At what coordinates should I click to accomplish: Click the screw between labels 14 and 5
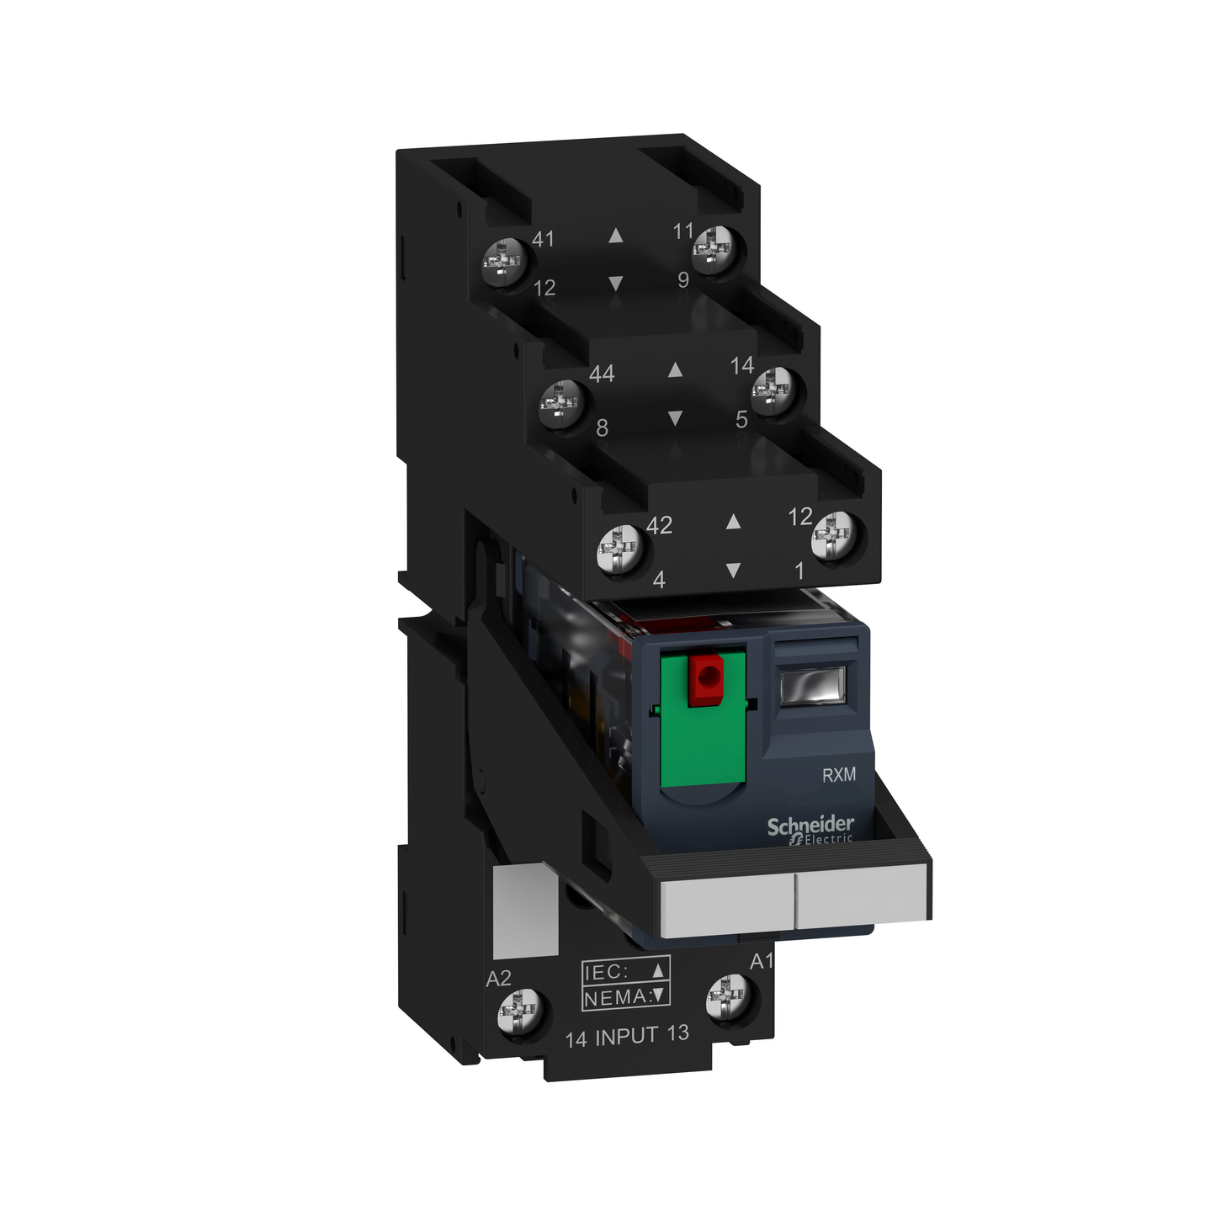point(773,390)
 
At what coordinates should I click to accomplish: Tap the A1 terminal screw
point(728,998)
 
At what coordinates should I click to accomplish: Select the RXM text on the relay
point(838,775)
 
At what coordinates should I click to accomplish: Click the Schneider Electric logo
point(810,829)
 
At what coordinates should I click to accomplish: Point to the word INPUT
point(627,1037)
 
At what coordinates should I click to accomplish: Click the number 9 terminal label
point(683,280)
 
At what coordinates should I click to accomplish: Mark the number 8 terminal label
point(602,428)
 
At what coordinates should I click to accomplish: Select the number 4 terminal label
point(659,580)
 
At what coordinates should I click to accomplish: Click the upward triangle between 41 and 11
point(616,236)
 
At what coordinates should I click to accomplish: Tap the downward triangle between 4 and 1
point(733,571)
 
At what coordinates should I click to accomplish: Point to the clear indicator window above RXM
point(812,686)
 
